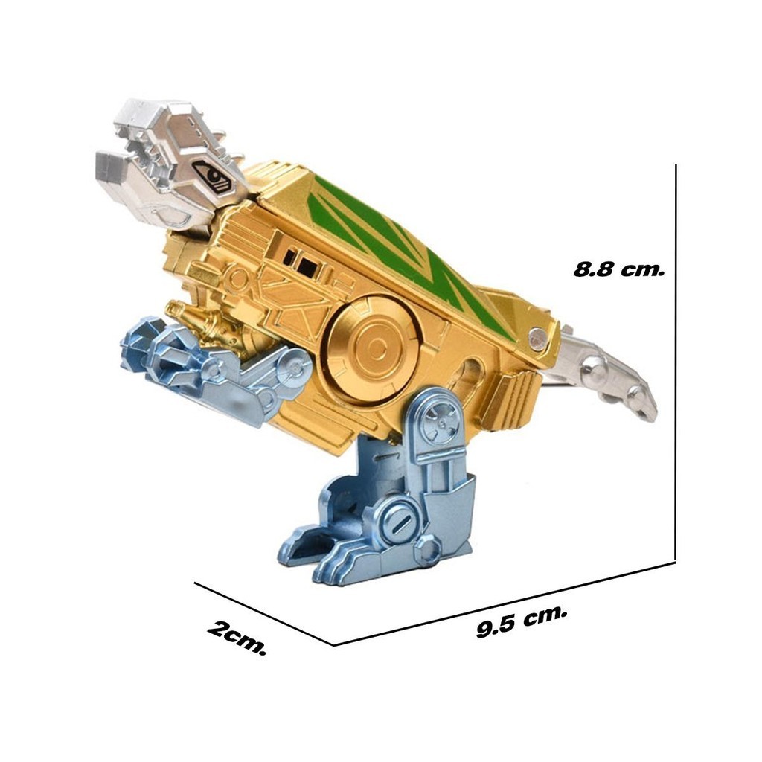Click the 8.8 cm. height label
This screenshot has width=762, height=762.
click(x=618, y=269)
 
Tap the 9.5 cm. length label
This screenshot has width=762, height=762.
click(x=522, y=621)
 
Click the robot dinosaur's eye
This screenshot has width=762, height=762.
click(x=214, y=174)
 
